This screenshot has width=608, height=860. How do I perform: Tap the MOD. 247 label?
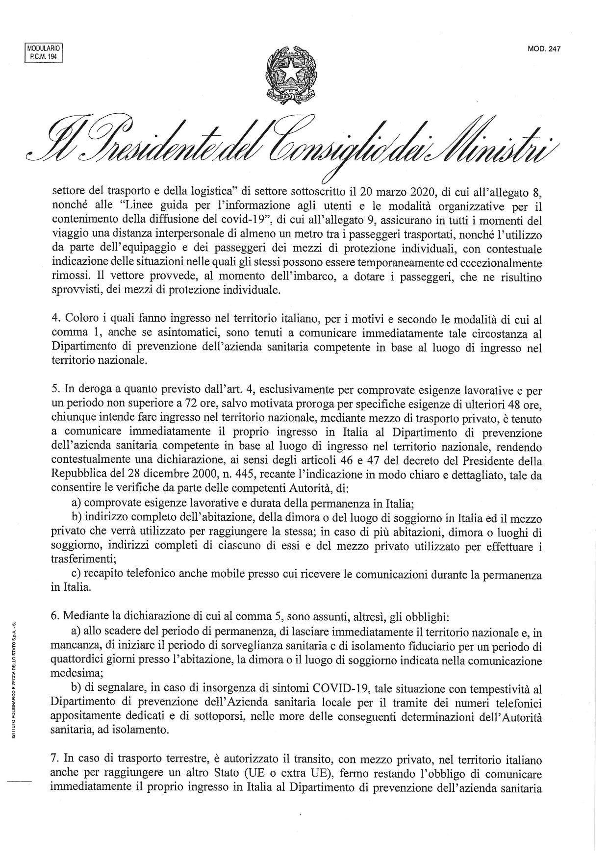coord(544,49)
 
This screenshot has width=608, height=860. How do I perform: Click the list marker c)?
coord(76,575)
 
